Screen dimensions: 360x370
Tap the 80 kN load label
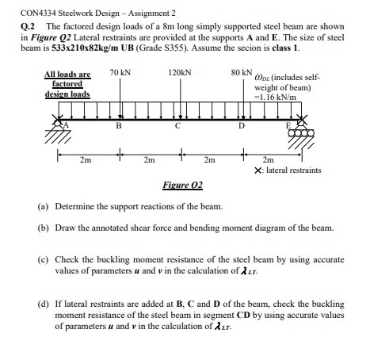pyautogui.click(x=241, y=74)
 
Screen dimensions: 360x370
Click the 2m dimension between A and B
pyautogui.click(x=86, y=160)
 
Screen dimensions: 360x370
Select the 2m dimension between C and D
pyautogui.click(x=208, y=160)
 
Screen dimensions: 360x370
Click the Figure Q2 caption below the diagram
pyautogui.click(x=181, y=184)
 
